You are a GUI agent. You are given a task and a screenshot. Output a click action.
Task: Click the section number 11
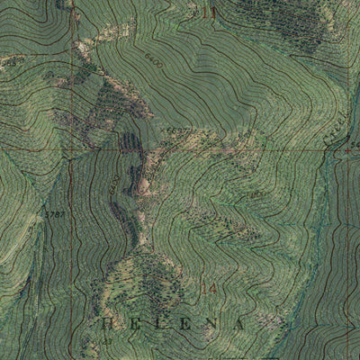(x=210, y=12)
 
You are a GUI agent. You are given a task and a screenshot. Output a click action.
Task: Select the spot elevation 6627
(x=175, y=132)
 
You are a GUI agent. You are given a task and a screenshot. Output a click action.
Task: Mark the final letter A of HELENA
(x=239, y=321)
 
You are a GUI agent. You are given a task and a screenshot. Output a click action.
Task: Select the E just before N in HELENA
(x=188, y=321)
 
